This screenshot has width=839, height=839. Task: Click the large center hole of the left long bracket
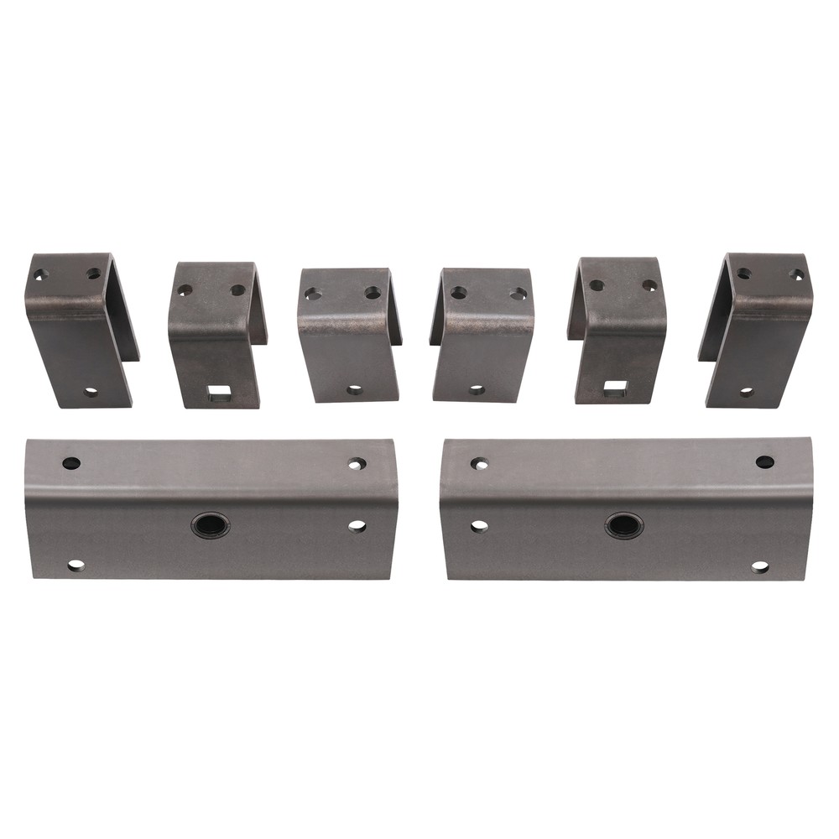209,526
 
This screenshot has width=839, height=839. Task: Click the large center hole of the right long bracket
623,526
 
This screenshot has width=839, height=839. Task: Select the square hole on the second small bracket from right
615,387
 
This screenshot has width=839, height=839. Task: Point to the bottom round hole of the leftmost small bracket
91,392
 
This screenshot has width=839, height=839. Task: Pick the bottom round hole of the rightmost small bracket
746,392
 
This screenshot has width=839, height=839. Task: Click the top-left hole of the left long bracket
71,463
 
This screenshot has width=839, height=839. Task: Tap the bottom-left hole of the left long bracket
76,565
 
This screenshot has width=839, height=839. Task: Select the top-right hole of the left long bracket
357,463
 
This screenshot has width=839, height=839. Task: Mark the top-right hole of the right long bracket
764,462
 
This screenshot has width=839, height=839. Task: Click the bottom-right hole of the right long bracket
759,567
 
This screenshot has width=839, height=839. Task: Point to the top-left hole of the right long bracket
479,463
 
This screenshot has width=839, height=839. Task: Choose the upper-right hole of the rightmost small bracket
795,274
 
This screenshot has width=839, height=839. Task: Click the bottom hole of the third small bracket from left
354,390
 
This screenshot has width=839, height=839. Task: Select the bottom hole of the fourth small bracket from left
477,390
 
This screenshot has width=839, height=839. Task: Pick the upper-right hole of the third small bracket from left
373,294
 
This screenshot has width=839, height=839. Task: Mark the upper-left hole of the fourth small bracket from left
459,293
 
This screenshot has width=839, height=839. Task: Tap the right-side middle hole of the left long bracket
357,526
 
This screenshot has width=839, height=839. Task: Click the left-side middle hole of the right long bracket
479,526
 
